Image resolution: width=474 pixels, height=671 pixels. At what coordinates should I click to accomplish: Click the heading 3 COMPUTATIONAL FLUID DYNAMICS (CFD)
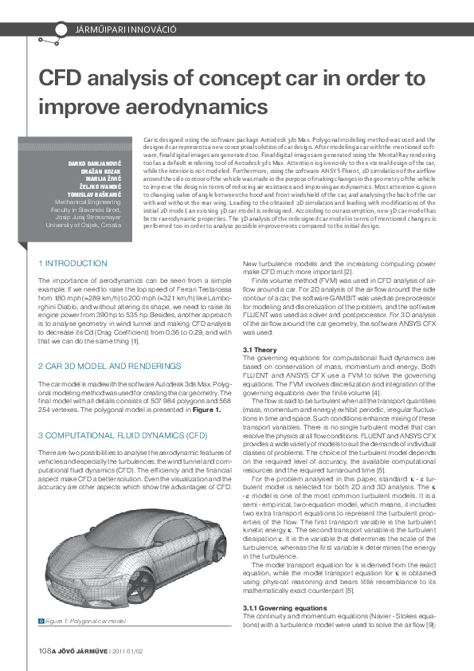point(123,435)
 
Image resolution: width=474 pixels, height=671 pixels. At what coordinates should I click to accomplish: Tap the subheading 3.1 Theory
point(260,350)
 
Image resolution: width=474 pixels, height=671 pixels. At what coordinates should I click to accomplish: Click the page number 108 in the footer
point(45,652)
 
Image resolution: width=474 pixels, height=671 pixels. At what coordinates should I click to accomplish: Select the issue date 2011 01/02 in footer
point(128,652)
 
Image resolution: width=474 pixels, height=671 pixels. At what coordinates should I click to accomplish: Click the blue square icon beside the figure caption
point(41,620)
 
